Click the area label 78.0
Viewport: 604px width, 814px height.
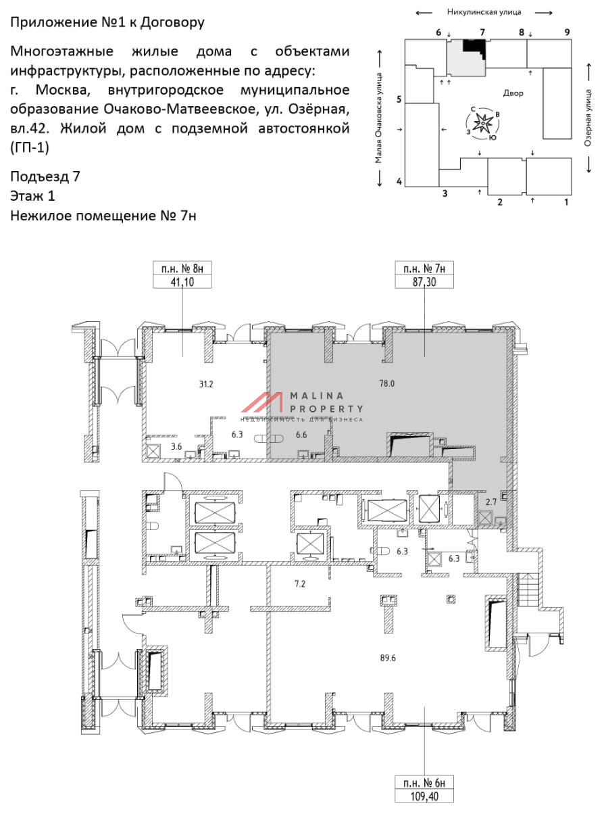(387, 383)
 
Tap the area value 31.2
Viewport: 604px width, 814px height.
(206, 384)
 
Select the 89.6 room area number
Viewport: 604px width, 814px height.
(388, 658)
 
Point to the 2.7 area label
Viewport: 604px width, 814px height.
(491, 502)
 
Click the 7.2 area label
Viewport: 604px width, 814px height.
(300, 583)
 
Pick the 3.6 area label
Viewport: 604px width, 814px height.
(176, 447)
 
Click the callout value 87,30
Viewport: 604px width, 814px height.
(424, 282)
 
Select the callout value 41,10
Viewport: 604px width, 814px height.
(182, 282)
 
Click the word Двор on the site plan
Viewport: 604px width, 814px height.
(513, 93)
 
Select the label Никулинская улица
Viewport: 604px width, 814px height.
(484, 12)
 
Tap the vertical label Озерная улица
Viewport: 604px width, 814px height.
(588, 118)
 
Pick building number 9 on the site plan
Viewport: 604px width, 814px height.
(568, 32)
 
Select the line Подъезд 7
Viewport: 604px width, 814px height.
(45, 177)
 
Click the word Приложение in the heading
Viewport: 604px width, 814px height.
(53, 23)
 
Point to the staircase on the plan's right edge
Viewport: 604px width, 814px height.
(528, 590)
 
